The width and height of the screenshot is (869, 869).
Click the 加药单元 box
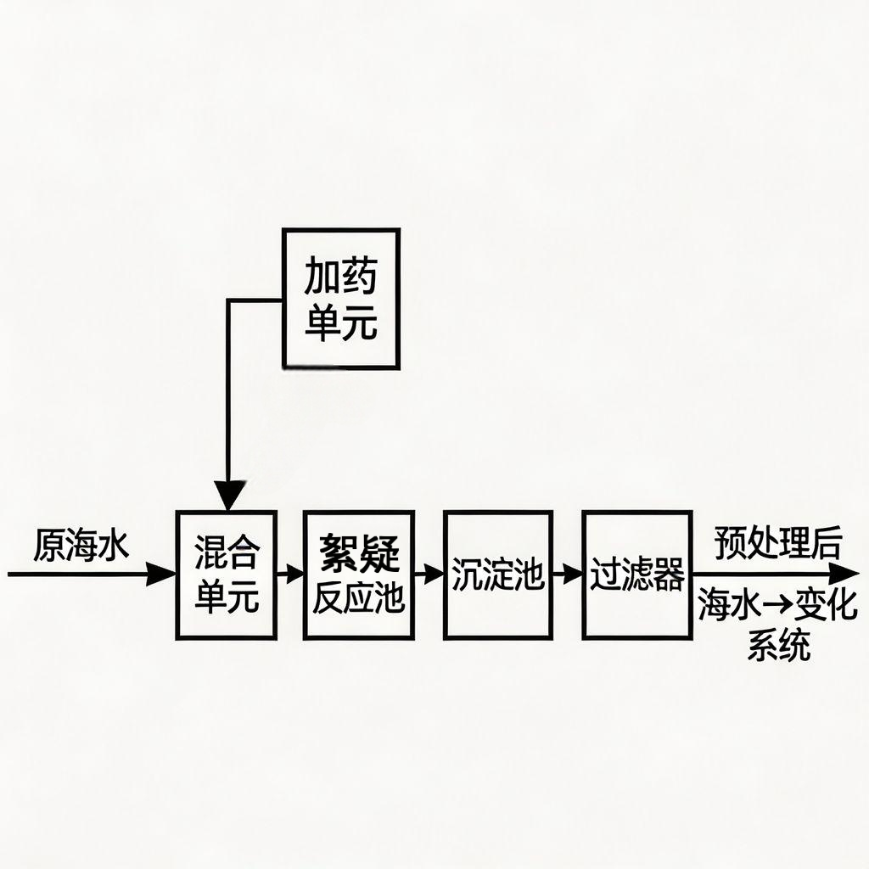click(340, 298)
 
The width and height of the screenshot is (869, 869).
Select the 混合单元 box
click(226, 575)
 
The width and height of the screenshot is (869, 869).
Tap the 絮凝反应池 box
click(358, 575)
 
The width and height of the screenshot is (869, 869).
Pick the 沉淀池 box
click(497, 575)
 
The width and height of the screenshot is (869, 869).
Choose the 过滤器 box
click(636, 575)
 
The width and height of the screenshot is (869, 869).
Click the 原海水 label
click(81, 546)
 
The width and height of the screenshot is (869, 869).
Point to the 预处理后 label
click(776, 544)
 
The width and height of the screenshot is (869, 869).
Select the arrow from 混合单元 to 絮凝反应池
click(290, 575)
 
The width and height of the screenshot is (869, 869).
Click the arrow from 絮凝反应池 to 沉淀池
click(429, 575)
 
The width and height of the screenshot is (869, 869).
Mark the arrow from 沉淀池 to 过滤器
click(568, 575)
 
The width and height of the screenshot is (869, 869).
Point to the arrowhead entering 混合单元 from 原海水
click(161, 575)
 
